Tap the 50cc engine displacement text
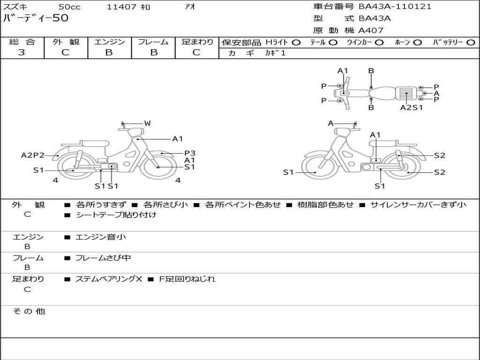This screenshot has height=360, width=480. [x=69, y=7]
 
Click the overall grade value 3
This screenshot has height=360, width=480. [x=22, y=52]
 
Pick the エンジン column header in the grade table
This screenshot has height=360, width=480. [x=109, y=42]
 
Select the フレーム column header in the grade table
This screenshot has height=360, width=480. [x=153, y=42]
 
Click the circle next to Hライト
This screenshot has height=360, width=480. [x=296, y=42]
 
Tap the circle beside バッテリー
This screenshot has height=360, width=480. [x=471, y=42]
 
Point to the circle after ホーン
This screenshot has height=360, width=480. [x=417, y=42]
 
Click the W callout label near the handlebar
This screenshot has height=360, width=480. [x=147, y=123]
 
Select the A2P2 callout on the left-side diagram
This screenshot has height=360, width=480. [x=33, y=155]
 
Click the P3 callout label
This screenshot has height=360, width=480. [x=189, y=153]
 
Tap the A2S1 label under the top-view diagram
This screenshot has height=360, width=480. [x=411, y=107]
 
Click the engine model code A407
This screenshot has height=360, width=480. [x=371, y=30]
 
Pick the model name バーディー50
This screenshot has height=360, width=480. [x=36, y=18]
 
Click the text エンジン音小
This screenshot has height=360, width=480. [x=101, y=237]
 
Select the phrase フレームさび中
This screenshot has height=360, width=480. [x=103, y=258]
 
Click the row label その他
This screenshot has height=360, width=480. [x=29, y=311]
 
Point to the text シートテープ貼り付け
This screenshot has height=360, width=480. [x=116, y=215]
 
